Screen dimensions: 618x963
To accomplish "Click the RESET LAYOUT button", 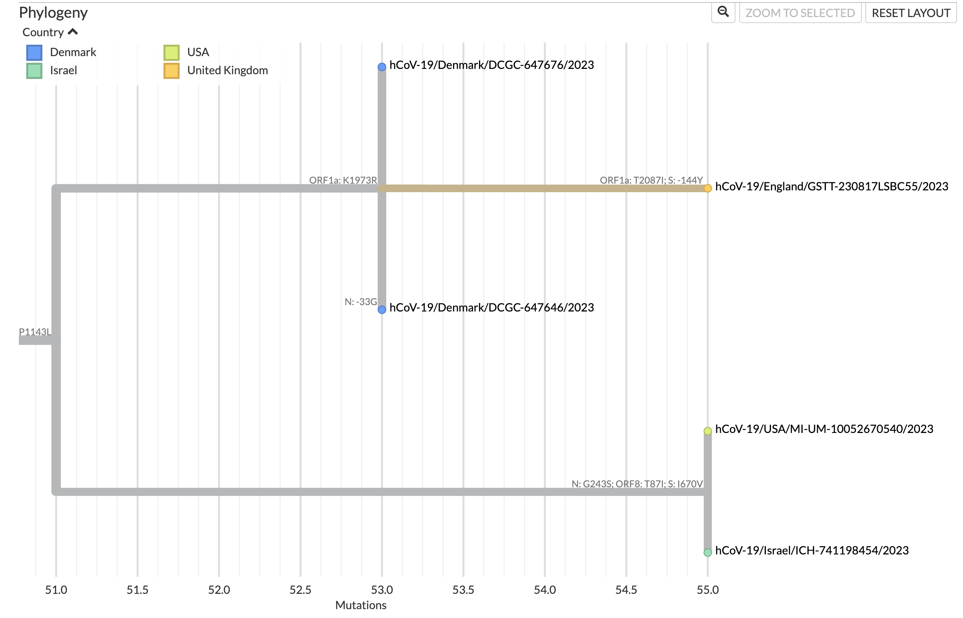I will [x=910, y=13].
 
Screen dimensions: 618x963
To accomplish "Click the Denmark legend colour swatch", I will [x=34, y=53].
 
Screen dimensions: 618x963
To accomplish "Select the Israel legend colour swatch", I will [x=34, y=71].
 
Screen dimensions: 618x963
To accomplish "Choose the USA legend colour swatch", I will [x=172, y=53].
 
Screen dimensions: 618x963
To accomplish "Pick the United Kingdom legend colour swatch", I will [x=172, y=71].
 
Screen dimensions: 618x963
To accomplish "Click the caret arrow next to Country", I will [x=73, y=32].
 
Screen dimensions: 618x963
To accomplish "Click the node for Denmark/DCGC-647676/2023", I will [x=382, y=67].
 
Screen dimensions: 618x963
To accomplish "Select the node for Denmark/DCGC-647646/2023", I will [x=382, y=309].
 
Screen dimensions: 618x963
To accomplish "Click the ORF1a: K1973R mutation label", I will [x=343, y=180].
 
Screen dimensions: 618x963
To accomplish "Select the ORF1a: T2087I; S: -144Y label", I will [x=651, y=180].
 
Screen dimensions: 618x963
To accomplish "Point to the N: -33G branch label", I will [x=360, y=302].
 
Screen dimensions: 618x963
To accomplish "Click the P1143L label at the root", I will [x=35, y=332].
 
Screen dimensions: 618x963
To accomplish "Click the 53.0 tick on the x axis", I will [x=382, y=590].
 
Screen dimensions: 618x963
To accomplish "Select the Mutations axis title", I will [x=360, y=605].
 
